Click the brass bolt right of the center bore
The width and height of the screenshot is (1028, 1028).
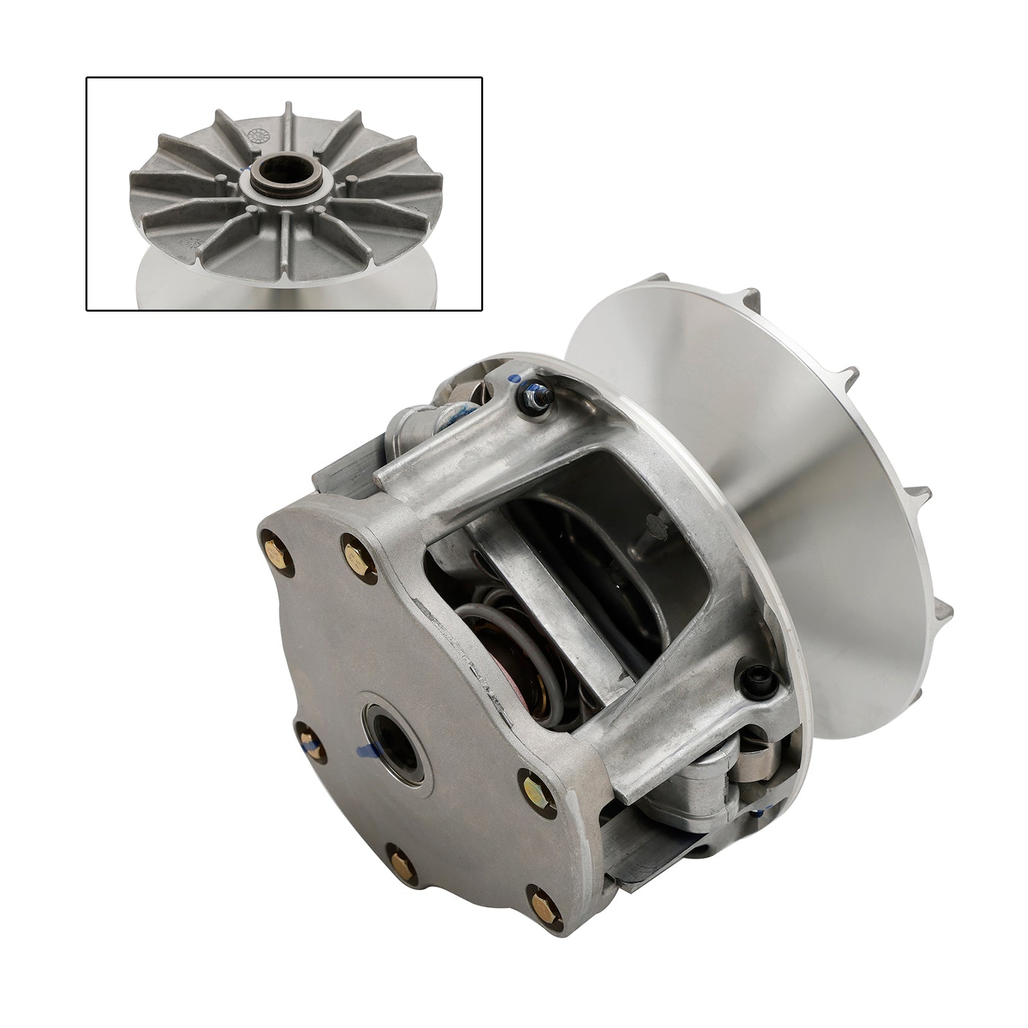pyautogui.click(x=531, y=785)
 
